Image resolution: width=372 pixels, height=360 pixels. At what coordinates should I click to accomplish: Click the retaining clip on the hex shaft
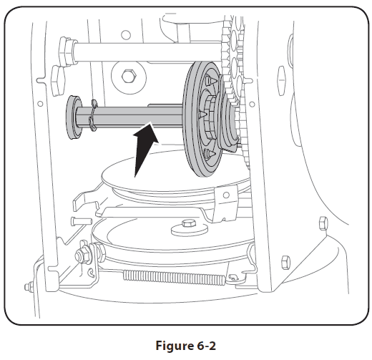point(93,116)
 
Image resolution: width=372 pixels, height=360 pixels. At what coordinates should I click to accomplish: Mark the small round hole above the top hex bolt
point(127,33)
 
